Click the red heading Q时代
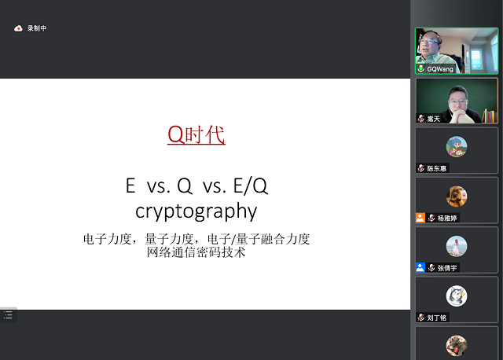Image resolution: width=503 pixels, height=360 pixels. pos(196,135)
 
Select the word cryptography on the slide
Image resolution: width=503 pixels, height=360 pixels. pos(196,211)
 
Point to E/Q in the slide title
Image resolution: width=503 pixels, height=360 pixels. pos(249,186)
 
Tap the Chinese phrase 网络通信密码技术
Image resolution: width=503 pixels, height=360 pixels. pos(196,253)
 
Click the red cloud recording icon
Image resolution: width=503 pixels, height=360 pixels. pos(18,28)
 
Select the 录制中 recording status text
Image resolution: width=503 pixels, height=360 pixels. pos(37,28)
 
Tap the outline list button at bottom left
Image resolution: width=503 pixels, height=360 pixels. pos(8,314)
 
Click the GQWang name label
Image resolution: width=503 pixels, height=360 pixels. pos(440,69)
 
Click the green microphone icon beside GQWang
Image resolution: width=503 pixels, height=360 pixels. pos(421,69)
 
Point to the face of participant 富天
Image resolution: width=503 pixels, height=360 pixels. pos(458,100)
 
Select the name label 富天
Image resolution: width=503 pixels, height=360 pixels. pos(434,119)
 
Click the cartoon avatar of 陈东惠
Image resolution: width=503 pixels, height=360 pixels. pos(457,146)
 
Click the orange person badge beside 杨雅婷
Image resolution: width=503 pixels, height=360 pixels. pos(420,218)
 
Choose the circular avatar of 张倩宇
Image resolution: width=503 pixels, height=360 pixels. pos(457,245)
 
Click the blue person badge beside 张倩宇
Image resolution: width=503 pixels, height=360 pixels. pos(420,267)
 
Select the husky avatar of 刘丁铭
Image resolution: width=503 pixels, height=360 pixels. pos(457,295)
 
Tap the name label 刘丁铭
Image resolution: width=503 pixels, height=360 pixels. pos(438,318)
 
